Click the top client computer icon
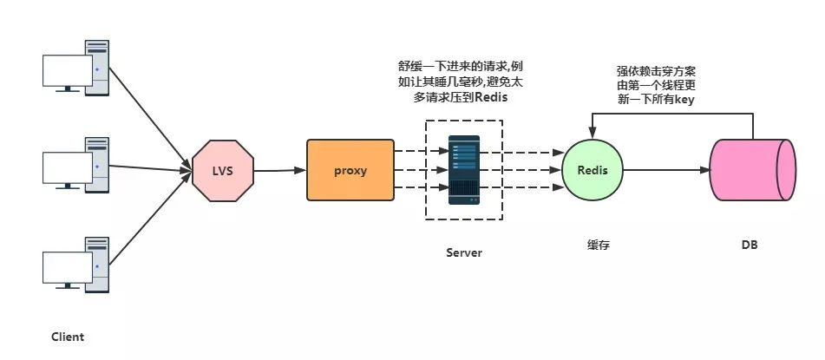point(77,66)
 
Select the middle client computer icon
point(77,162)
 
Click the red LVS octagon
point(222,170)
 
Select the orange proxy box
point(350,170)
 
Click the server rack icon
point(463,169)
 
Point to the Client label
point(68,337)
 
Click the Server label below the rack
point(463,252)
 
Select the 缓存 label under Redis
point(598,245)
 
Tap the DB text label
point(750,245)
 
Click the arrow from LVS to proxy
point(279,170)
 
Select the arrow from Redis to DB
point(668,170)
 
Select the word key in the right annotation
point(682,100)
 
